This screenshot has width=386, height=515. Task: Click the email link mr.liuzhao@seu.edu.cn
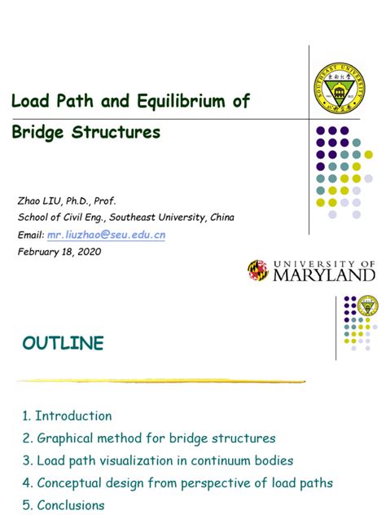tap(106, 235)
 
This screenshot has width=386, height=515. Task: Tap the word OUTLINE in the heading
tap(64, 343)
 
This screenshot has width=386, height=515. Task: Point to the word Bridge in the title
tap(38, 131)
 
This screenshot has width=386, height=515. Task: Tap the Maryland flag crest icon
tap(258, 271)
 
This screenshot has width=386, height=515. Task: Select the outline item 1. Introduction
tap(68, 416)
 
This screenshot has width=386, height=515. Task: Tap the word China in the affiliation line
tap(220, 217)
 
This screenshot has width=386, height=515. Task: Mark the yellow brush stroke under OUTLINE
tap(161, 381)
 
